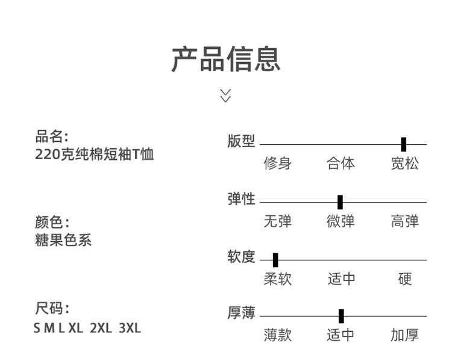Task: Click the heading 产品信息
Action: click(225, 58)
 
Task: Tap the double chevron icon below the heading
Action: click(225, 95)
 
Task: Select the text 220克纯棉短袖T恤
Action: click(95, 154)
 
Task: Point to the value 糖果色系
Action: click(63, 239)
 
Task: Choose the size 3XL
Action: click(130, 328)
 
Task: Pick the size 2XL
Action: click(101, 328)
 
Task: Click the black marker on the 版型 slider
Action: click(403, 145)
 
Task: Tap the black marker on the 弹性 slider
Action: click(340, 202)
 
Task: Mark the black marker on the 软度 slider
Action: click(275, 260)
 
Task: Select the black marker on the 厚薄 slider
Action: click(341, 316)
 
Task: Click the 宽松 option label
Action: click(404, 163)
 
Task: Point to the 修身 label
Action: click(277, 163)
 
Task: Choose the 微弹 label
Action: click(341, 221)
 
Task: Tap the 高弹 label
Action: click(404, 221)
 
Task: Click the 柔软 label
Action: click(277, 279)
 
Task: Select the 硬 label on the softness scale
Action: click(405, 279)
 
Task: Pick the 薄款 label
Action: click(277, 335)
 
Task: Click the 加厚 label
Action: click(404, 335)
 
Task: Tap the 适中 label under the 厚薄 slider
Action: click(341, 335)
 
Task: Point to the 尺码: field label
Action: click(52, 309)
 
